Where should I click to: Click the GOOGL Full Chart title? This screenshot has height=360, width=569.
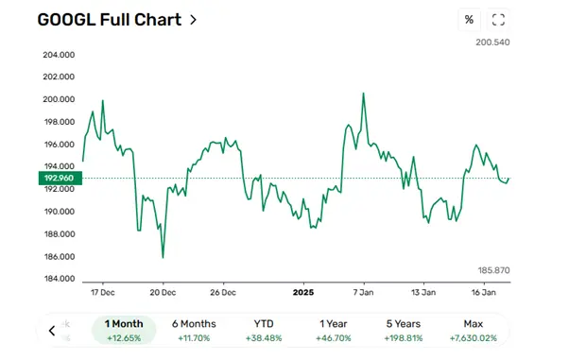(x=110, y=19)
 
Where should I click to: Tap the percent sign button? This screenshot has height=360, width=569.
(x=469, y=20)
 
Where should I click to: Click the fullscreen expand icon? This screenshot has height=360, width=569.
(x=499, y=20)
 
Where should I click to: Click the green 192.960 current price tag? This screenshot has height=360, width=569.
(x=58, y=178)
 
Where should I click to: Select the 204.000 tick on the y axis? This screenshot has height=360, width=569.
(x=59, y=54)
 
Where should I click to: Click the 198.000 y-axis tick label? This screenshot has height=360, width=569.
(x=59, y=122)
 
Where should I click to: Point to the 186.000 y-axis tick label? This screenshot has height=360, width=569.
(x=59, y=257)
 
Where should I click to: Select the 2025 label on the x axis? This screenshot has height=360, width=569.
(x=303, y=292)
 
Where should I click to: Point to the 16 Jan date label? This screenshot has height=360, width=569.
(x=483, y=292)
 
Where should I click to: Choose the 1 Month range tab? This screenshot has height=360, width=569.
(x=124, y=330)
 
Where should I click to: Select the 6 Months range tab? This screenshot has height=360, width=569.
(x=194, y=330)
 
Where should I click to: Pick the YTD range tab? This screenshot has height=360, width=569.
(x=264, y=330)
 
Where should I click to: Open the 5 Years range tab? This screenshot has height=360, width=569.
(x=403, y=330)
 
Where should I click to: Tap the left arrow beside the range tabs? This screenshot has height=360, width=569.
(x=53, y=331)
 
